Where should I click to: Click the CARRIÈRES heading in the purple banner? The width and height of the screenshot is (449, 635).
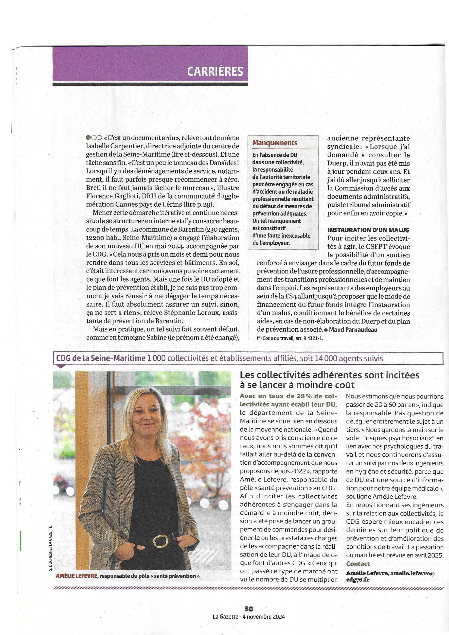tap(215, 71)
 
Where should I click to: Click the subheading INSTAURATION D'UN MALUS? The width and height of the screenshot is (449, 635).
tap(368, 230)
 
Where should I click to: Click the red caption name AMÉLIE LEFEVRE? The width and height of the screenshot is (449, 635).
tap(77, 576)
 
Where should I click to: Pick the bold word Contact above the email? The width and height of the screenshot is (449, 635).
tap(358, 564)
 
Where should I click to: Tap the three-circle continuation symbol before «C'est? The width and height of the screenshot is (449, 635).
tap(94, 138)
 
